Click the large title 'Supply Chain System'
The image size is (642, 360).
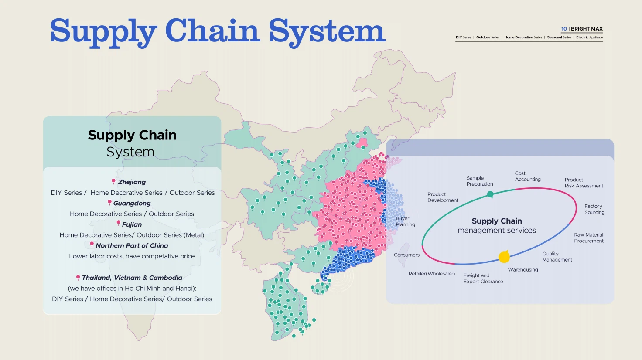(218, 31)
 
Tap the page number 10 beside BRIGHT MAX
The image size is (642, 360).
(564, 29)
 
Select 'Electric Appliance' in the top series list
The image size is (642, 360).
(589, 37)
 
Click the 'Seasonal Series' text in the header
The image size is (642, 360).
(559, 37)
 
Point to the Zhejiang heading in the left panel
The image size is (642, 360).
(132, 182)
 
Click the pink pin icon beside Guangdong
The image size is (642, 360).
(110, 202)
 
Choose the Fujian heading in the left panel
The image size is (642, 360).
(132, 224)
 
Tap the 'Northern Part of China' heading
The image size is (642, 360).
(132, 246)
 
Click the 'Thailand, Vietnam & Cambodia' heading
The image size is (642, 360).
(132, 278)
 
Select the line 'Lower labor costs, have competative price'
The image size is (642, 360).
(132, 256)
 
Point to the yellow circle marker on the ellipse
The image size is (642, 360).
(504, 257)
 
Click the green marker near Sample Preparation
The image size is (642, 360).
(490, 194)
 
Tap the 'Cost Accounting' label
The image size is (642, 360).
(527, 177)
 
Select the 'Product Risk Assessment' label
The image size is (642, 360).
(584, 183)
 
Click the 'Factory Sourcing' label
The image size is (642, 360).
(594, 209)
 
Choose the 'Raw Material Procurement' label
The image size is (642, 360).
(588, 238)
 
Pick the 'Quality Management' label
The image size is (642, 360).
(557, 257)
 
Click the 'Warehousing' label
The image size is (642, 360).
(522, 270)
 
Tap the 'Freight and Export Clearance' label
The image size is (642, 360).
(483, 278)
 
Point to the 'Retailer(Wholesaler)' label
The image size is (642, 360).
(431, 274)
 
